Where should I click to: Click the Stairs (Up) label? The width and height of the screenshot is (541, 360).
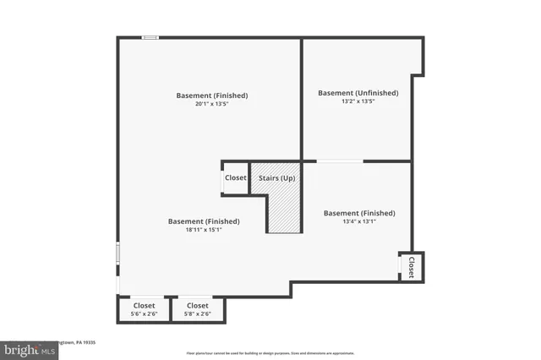click(x=276, y=178)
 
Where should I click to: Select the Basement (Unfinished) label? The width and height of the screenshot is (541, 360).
click(x=358, y=93)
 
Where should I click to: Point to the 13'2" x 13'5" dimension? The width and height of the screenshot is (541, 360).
click(x=358, y=101)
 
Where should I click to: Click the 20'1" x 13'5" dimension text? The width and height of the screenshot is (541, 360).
click(x=211, y=104)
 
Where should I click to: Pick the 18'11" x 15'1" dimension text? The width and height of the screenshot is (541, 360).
click(x=203, y=230)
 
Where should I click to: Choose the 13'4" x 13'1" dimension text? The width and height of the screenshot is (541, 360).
click(x=359, y=222)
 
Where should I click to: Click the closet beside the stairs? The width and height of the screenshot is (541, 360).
click(x=235, y=178)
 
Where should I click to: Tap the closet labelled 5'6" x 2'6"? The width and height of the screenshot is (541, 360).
click(x=144, y=309)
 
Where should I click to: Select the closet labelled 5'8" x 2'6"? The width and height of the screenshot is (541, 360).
click(x=197, y=309)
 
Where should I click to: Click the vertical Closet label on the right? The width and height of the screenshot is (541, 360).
click(x=411, y=267)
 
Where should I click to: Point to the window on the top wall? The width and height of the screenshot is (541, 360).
click(x=150, y=37)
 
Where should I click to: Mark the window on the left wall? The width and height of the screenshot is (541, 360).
click(x=117, y=253)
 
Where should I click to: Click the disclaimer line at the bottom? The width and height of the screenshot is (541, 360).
click(x=270, y=353)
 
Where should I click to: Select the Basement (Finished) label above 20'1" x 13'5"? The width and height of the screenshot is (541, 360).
click(x=211, y=95)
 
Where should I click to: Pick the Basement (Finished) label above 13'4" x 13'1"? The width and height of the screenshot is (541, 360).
click(x=359, y=213)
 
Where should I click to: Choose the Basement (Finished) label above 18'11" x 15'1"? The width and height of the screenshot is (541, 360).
click(x=203, y=221)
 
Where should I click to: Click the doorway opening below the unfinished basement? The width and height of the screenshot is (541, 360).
click(x=340, y=161)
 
